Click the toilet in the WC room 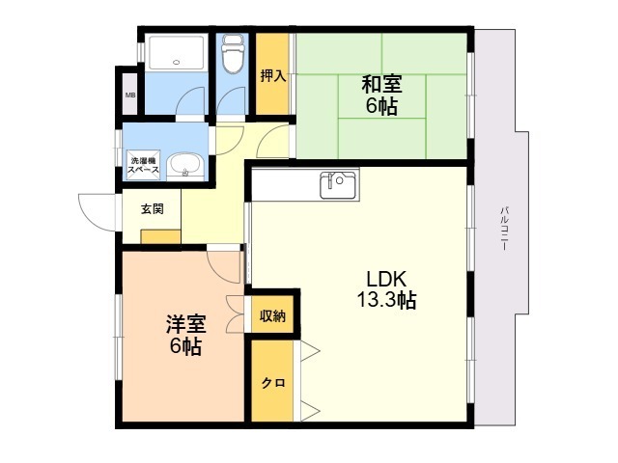coord(233,54)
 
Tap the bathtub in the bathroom coord(176,53)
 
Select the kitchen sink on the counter coord(339,185)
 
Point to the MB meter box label coord(130,95)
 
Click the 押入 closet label coord(272,76)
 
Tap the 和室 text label coord(381,84)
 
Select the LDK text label coord(386,279)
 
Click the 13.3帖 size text coord(386,300)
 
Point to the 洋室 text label coord(185,324)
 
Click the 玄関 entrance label coord(153,209)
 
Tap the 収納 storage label coord(272,316)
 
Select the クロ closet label coord(273,383)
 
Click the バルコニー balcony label coord(504,229)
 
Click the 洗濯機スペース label coord(145,165)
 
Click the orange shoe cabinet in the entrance coord(160,236)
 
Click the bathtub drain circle coord(176,62)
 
